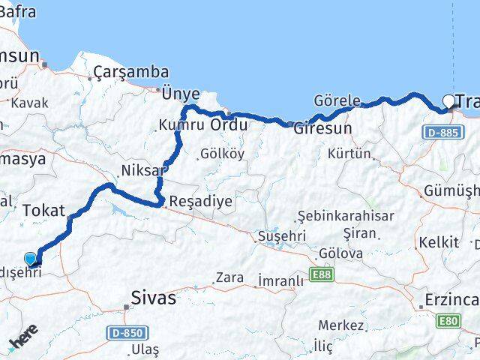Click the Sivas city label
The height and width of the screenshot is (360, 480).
(154, 298)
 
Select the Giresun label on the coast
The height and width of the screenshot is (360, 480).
(322, 128)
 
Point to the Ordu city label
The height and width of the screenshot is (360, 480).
(229, 124)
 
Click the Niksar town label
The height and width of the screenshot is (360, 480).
(142, 170)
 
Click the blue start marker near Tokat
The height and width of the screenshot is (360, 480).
(30, 259)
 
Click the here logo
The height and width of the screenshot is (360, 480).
(22, 341)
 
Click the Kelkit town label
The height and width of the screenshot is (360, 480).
(439, 242)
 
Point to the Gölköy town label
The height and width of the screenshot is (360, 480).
(222, 154)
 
